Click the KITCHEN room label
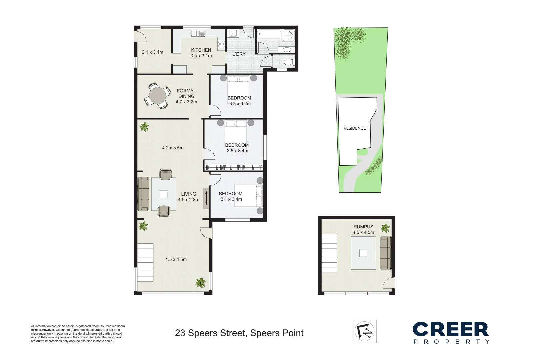(x=201, y=50)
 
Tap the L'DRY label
(x=239, y=54)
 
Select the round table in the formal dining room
(x=158, y=96)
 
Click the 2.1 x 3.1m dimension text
(x=152, y=52)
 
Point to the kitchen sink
(x=198, y=33)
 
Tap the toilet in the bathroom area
(x=288, y=62)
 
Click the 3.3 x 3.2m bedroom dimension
(x=240, y=104)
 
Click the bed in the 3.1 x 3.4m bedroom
(x=248, y=195)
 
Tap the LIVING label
(x=189, y=194)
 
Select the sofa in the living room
(x=144, y=194)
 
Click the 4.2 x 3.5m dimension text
(x=173, y=148)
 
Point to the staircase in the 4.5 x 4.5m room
(x=145, y=262)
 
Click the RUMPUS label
(x=363, y=227)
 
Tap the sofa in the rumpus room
(x=386, y=253)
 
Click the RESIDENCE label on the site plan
(x=355, y=128)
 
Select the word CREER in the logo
(x=451, y=329)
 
